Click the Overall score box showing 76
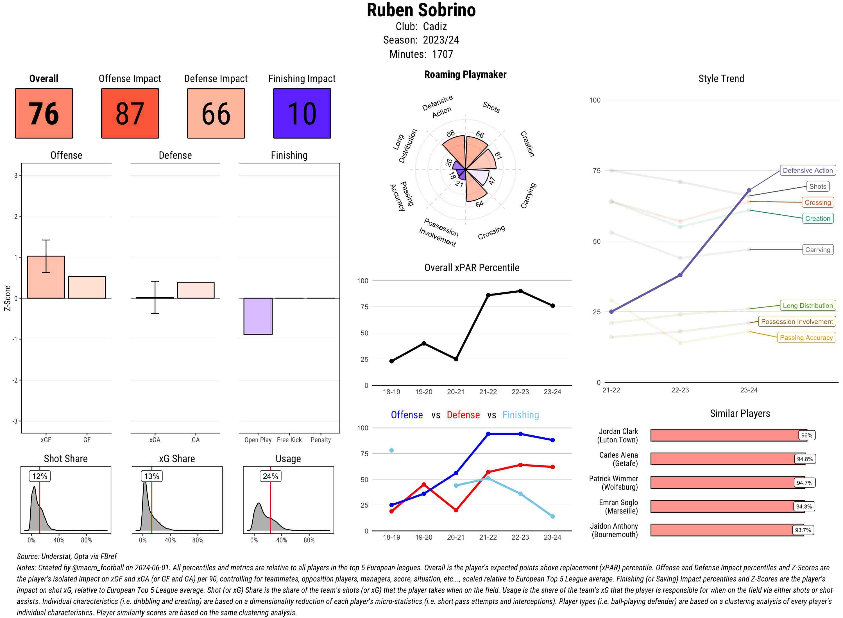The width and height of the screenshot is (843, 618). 44,113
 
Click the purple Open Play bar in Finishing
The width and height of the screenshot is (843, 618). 258,316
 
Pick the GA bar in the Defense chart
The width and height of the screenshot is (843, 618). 195,290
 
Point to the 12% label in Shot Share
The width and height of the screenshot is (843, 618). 40,476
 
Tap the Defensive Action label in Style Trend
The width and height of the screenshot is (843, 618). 808,171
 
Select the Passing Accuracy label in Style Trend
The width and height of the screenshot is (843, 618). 806,337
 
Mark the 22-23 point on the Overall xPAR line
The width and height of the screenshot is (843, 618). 520,291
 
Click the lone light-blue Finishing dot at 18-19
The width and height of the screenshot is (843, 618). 391,450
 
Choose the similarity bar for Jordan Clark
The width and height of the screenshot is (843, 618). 728,435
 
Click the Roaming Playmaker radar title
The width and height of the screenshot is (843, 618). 465,74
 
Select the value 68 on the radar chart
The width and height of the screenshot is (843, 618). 450,133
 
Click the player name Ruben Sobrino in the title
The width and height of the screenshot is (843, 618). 421,10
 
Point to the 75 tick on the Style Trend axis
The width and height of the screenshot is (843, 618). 597,171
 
